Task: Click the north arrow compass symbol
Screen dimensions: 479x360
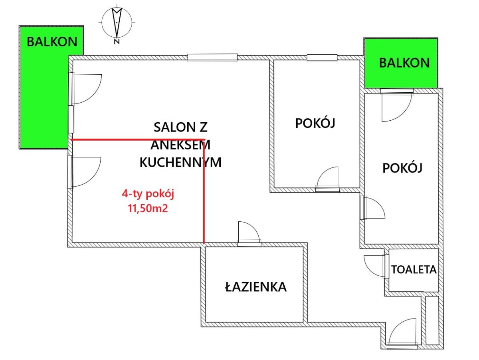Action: (x=117, y=22)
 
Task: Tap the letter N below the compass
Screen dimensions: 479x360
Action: (x=117, y=42)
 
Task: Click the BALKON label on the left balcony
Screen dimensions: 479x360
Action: (x=52, y=42)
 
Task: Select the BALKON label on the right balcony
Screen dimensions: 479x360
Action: (x=404, y=63)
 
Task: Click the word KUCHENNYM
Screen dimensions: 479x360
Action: (x=180, y=163)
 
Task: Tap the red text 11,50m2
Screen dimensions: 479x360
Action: (x=148, y=209)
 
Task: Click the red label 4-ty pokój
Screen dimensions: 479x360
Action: (x=148, y=194)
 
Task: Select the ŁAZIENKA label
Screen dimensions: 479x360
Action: (x=256, y=286)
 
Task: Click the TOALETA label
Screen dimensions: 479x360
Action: (x=414, y=270)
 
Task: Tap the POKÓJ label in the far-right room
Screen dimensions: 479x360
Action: (x=402, y=167)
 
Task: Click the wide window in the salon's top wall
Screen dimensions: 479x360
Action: (x=212, y=58)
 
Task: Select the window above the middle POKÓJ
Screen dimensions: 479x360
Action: (x=322, y=58)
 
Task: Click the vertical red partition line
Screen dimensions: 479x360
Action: (x=204, y=191)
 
